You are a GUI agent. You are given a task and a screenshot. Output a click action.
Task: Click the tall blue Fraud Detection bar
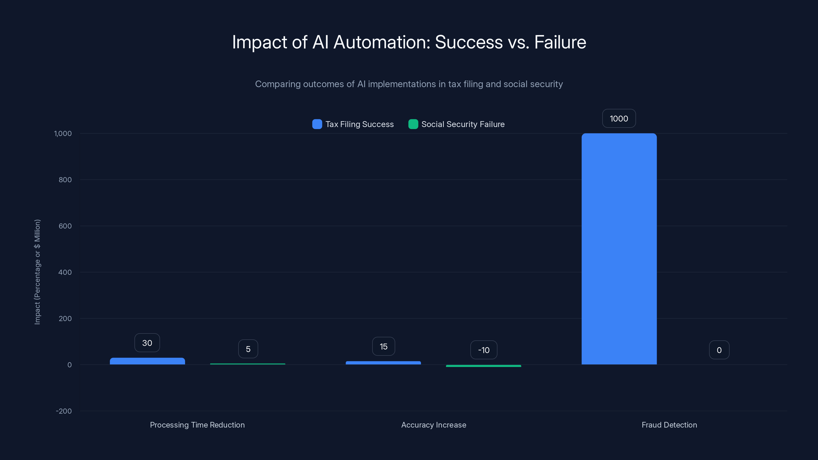pyautogui.click(x=619, y=249)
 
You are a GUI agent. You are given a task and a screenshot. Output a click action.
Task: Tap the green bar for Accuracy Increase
pyautogui.click(x=483, y=366)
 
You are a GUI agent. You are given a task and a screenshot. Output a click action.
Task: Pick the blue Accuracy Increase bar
pyautogui.click(x=383, y=363)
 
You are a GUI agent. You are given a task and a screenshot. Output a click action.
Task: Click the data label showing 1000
pyautogui.click(x=619, y=118)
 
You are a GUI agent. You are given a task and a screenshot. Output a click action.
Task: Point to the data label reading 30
pyautogui.click(x=147, y=343)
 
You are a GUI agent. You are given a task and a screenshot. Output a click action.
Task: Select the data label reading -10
pyautogui.click(x=484, y=350)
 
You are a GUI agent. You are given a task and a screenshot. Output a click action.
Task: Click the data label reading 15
pyautogui.click(x=384, y=346)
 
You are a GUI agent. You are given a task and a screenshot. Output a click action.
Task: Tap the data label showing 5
pyautogui.click(x=248, y=349)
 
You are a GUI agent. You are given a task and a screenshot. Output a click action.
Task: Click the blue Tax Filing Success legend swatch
pyautogui.click(x=317, y=124)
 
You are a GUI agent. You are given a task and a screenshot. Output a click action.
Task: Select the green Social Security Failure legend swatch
pyautogui.click(x=413, y=124)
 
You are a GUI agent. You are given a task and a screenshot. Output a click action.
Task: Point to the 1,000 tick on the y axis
pyautogui.click(x=63, y=133)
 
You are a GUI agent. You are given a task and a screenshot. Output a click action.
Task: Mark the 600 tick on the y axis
pyautogui.click(x=65, y=226)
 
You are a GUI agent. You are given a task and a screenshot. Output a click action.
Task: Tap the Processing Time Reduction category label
pyautogui.click(x=197, y=425)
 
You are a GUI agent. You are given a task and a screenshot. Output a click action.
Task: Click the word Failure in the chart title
pyautogui.click(x=560, y=42)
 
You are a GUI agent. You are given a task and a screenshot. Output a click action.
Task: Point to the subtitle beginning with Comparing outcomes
pyautogui.click(x=409, y=84)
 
